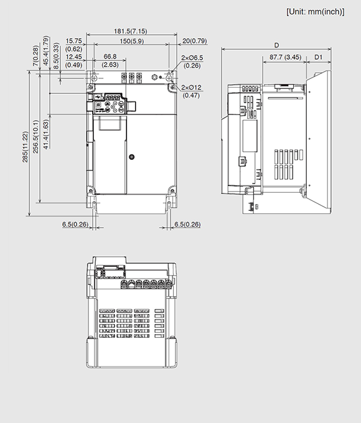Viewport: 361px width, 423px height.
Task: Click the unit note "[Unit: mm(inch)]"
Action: pyautogui.click(x=315, y=12)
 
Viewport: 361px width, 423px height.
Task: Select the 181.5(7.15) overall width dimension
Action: pyautogui.click(x=131, y=31)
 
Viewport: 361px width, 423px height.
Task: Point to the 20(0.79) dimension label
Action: pyautogui.click(x=194, y=41)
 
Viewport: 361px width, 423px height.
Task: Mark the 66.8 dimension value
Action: pyautogui.click(x=111, y=57)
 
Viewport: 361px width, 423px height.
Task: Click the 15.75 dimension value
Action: pyautogui.click(x=73, y=41)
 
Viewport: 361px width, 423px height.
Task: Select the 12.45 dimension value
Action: pyautogui.click(x=73, y=57)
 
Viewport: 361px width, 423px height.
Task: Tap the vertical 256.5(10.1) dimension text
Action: pyautogui.click(x=36, y=136)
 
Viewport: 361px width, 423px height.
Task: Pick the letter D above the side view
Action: pyautogui.click(x=276, y=45)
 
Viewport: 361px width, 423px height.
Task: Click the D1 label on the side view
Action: pyautogui.click(x=318, y=57)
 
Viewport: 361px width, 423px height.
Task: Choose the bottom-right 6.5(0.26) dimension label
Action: pyautogui.click(x=187, y=224)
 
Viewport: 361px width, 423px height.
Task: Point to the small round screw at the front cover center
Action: pyautogui.click(x=131, y=157)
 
